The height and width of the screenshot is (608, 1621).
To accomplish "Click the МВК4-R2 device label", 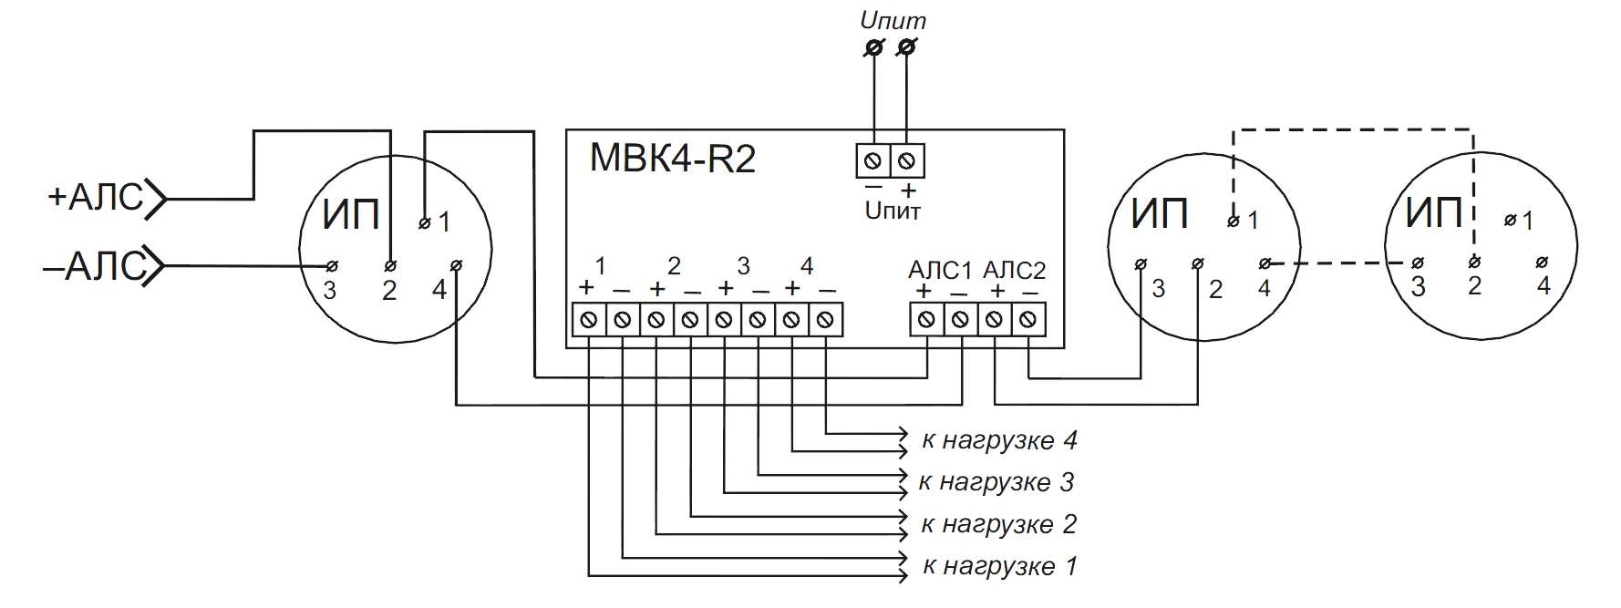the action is [673, 159].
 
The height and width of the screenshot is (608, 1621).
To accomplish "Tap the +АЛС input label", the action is [96, 197].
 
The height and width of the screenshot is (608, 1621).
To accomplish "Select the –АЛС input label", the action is [94, 266].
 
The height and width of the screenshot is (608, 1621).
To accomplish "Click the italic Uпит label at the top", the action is [893, 20].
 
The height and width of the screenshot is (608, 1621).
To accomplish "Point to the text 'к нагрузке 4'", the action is [999, 440].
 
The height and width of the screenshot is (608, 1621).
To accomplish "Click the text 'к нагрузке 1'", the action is [1000, 566].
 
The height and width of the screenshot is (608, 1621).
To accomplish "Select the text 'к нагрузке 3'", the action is [996, 482].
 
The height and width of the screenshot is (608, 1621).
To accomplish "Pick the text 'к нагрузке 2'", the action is [999, 524].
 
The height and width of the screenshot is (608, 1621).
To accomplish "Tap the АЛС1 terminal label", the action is [940, 271].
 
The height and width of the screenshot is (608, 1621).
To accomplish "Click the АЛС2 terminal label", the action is [1014, 271].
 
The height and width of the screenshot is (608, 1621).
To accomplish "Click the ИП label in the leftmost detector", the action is [351, 215].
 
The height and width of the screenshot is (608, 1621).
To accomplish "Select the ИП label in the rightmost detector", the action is [1434, 213].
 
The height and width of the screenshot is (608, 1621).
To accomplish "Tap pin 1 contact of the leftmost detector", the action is [424, 222].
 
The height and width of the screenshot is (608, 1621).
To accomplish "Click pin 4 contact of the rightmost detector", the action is [1542, 263].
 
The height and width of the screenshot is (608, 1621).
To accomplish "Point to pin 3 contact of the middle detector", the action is [1141, 264].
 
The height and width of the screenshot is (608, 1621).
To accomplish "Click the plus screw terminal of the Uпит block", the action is [907, 161].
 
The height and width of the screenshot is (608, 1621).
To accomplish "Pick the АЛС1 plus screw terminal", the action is [926, 320].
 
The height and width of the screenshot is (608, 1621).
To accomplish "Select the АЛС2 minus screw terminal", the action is [1028, 320].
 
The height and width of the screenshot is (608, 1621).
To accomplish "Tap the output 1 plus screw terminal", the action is [589, 320].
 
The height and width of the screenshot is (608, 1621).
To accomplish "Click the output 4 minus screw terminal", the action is [825, 320].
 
